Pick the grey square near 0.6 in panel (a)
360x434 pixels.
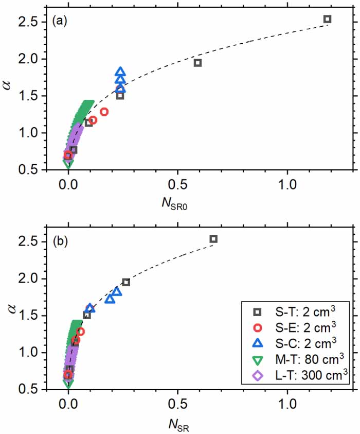[x=197, y=63]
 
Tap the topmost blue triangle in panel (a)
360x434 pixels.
[x=120, y=72]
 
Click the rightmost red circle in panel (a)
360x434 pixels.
[x=104, y=112]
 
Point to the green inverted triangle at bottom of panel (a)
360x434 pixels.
[x=68, y=163]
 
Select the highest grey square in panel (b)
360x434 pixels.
[x=213, y=239]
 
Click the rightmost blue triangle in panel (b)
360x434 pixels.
[x=117, y=292]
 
